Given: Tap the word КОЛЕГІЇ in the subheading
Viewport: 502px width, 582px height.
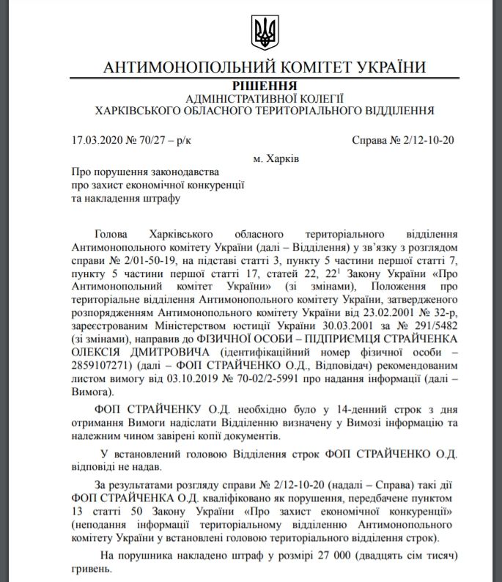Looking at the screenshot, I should pyautogui.click(x=315, y=99).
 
